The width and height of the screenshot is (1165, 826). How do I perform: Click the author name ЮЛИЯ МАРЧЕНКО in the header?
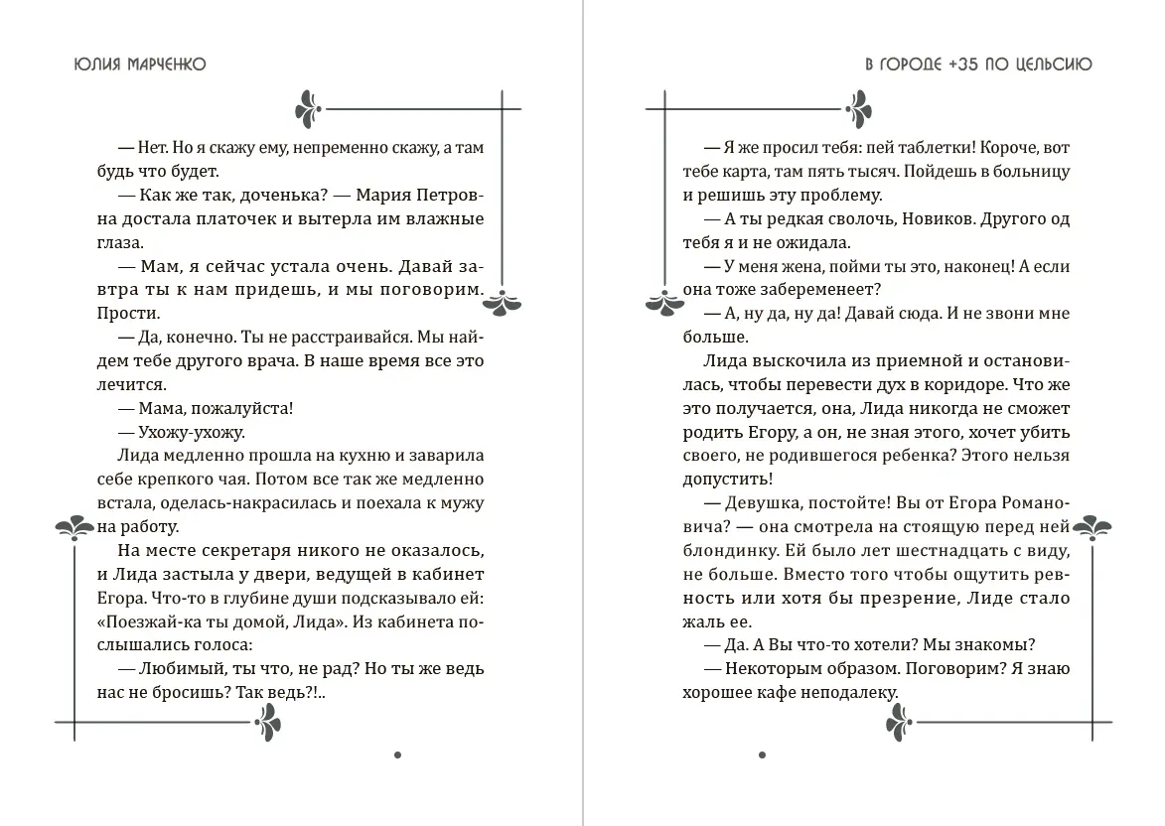[x=140, y=65]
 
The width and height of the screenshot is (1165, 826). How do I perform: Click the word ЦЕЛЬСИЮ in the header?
[x=1056, y=65]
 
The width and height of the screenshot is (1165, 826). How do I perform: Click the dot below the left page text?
[x=397, y=756]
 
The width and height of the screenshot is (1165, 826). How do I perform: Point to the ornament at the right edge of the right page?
[x=1093, y=526]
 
